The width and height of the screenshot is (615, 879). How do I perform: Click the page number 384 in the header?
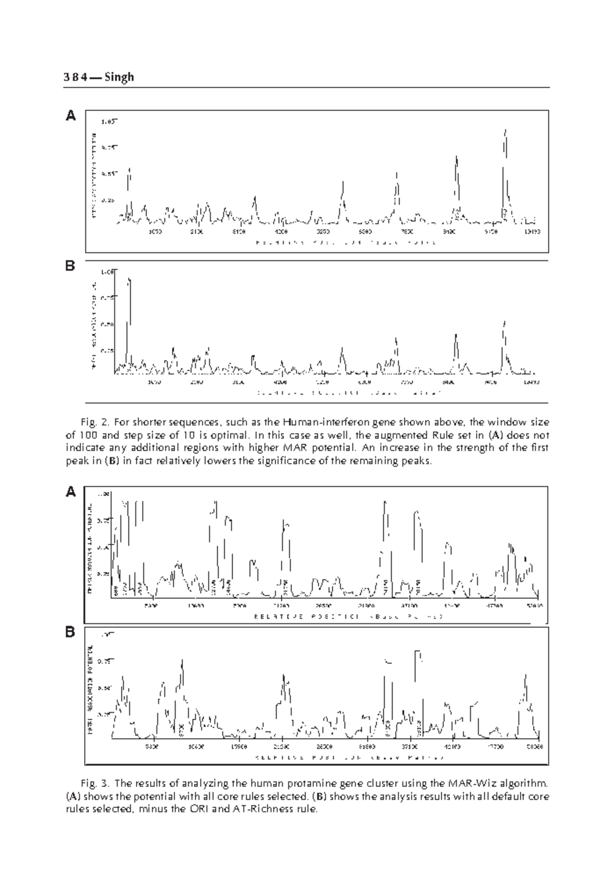click(74, 77)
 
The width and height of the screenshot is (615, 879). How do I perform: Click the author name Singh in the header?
click(119, 77)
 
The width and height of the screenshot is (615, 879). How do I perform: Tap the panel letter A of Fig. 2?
click(71, 116)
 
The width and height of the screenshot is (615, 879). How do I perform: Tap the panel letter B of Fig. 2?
click(71, 267)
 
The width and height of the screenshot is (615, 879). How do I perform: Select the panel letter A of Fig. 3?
click(71, 492)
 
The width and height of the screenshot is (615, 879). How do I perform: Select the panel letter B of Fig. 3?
click(71, 633)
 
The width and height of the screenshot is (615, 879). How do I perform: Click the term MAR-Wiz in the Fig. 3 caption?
click(465, 784)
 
